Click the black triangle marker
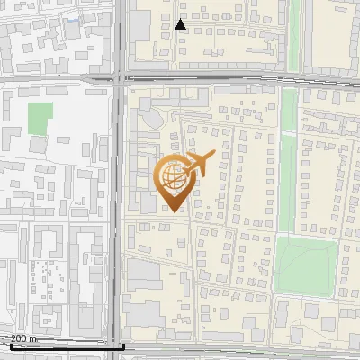click(181, 25)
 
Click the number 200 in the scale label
click(19, 338)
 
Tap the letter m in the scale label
click(33, 338)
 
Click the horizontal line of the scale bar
click(63, 346)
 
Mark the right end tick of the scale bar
click(123, 345)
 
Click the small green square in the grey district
click(40, 117)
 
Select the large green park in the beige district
click(305, 264)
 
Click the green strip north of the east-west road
click(294, 36)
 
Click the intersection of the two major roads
click(120, 78)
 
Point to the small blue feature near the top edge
click(72, 18)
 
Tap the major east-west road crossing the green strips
click(234, 78)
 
